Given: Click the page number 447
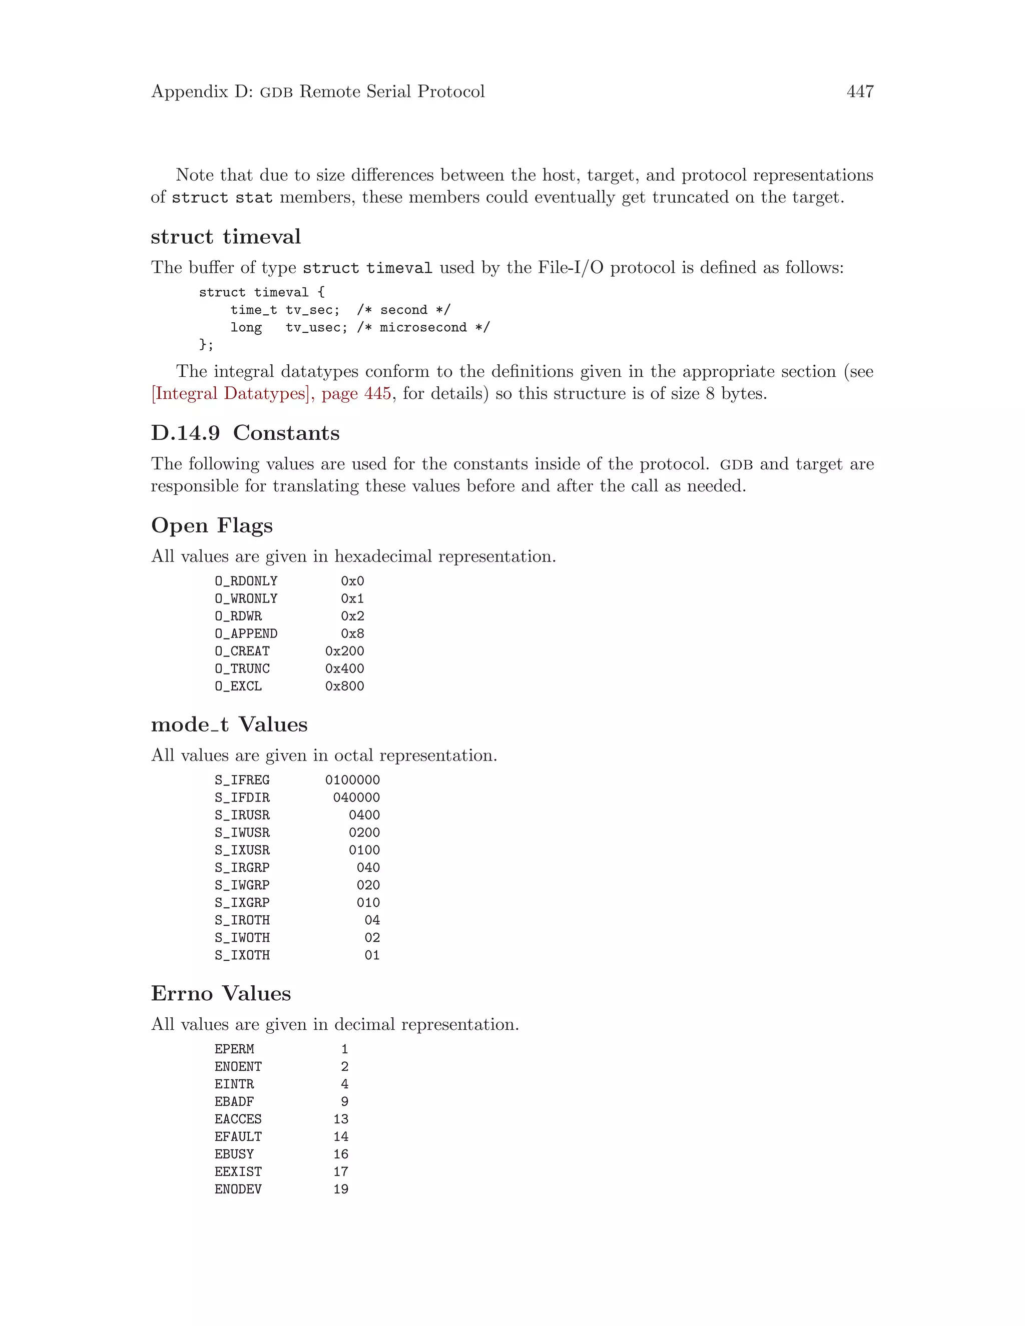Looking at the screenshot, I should tap(859, 92).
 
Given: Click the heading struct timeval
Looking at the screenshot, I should tap(225, 236).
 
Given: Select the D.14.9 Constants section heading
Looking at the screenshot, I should tap(245, 433).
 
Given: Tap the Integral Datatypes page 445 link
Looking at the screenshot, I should tap(271, 393).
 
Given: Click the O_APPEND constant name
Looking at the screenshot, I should tap(245, 633).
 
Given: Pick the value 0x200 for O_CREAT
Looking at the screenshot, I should tap(344, 651).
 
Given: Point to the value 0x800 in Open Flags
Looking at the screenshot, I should tap(344, 686).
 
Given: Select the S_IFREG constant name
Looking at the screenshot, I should tap(242, 780).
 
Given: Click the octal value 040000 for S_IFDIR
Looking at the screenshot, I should tap(356, 797).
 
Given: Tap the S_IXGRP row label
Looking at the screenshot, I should tap(242, 902).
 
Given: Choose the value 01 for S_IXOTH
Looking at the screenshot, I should tap(372, 955).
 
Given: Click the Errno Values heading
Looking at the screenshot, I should tap(221, 993).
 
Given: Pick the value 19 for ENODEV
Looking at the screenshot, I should tap(341, 1189).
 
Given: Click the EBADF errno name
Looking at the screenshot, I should tap(234, 1101).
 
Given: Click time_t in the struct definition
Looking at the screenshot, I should tap(253, 310).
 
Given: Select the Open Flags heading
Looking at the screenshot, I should tap(211, 525).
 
